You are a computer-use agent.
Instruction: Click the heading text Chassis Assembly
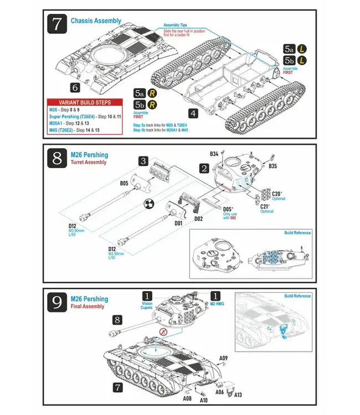[x=96, y=21]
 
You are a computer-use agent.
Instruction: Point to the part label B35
[x=272, y=165]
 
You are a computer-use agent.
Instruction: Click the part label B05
[x=124, y=182]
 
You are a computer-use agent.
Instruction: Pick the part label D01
[x=178, y=224]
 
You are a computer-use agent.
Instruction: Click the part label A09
[x=223, y=358]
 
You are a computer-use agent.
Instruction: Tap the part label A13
[x=238, y=395]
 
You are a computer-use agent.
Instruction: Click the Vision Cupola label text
[x=147, y=305]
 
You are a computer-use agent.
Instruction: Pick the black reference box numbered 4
[x=193, y=113]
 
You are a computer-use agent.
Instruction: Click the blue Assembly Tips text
[x=176, y=25]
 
